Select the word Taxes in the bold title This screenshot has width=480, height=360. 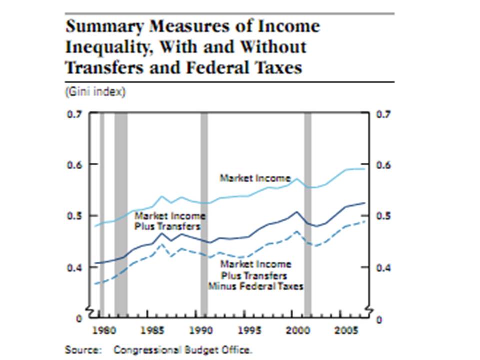(x=276, y=67)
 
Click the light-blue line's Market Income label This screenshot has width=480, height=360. (x=255, y=178)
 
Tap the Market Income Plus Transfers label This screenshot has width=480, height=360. (x=170, y=221)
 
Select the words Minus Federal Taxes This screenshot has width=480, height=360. (x=256, y=286)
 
